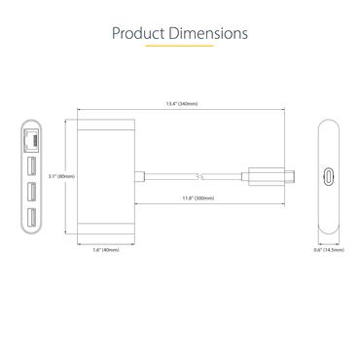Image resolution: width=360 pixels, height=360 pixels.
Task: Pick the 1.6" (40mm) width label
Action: [x=104, y=250]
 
